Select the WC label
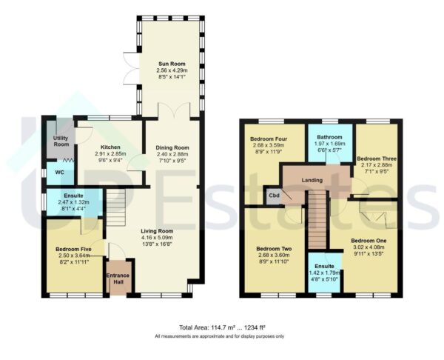point(50,173)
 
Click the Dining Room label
point(172,147)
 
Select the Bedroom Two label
point(271,249)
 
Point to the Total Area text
point(221,327)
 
